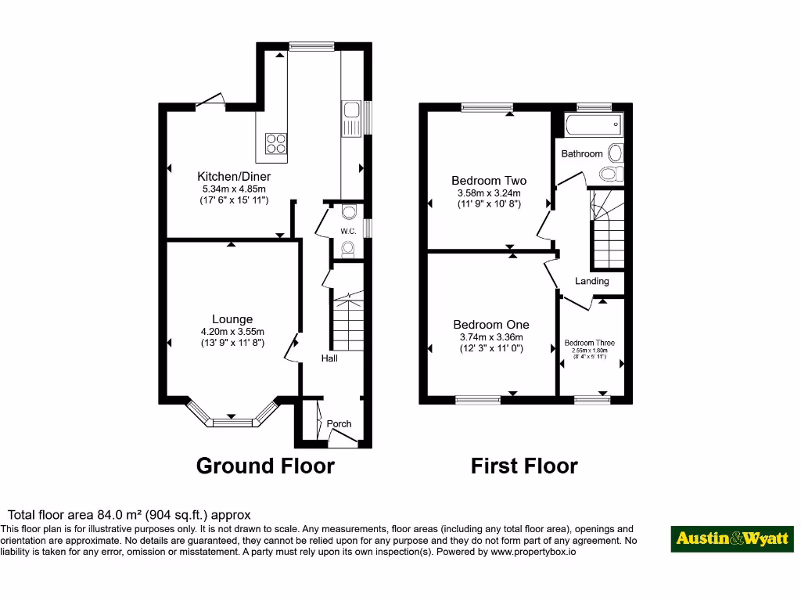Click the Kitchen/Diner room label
pyautogui.click(x=233, y=176)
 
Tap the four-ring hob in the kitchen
pyautogui.click(x=276, y=142)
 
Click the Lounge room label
pyautogui.click(x=232, y=318)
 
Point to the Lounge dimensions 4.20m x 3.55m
pyautogui.click(x=232, y=330)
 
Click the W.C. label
pyautogui.click(x=348, y=231)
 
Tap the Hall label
pyautogui.click(x=329, y=358)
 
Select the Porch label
pyautogui.click(x=339, y=423)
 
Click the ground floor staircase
pyautogui.click(x=347, y=321)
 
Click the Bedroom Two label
pyautogui.click(x=489, y=181)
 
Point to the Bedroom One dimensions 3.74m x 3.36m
pyautogui.click(x=490, y=337)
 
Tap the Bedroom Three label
pyautogui.click(x=590, y=343)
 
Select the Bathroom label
pyautogui.click(x=582, y=154)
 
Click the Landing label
pyautogui.click(x=591, y=281)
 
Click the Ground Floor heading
pyautogui.click(x=265, y=466)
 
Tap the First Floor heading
pyautogui.click(x=524, y=466)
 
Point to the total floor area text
pyautogui.click(x=129, y=515)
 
